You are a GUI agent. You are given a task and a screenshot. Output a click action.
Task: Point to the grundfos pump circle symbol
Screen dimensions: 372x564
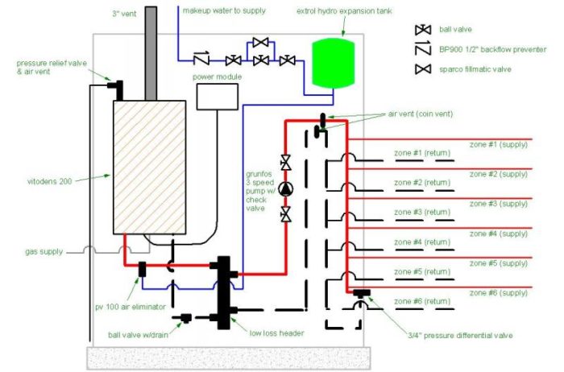pyautogui.click(x=286, y=188)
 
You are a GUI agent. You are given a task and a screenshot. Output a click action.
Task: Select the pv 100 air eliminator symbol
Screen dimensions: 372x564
pyautogui.click(x=142, y=269)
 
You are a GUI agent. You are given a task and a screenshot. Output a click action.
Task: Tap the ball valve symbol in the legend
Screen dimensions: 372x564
pyautogui.click(x=422, y=30)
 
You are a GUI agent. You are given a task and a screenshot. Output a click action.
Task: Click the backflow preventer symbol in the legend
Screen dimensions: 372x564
pyautogui.click(x=422, y=50)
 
